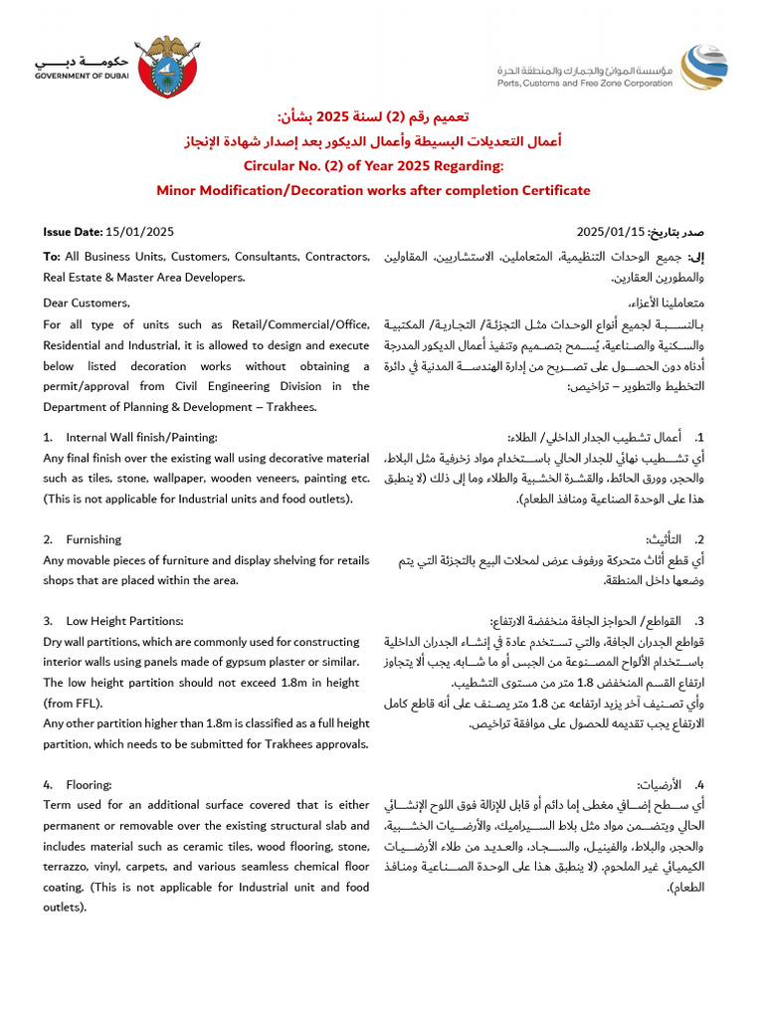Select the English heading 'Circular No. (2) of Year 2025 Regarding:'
tap(373, 165)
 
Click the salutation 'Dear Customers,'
tap(86, 303)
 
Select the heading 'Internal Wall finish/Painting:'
tap(141, 437)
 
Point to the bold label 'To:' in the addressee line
tap(52, 257)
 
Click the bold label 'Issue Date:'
tap(73, 232)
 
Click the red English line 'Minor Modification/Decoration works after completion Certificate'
tap(373, 190)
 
